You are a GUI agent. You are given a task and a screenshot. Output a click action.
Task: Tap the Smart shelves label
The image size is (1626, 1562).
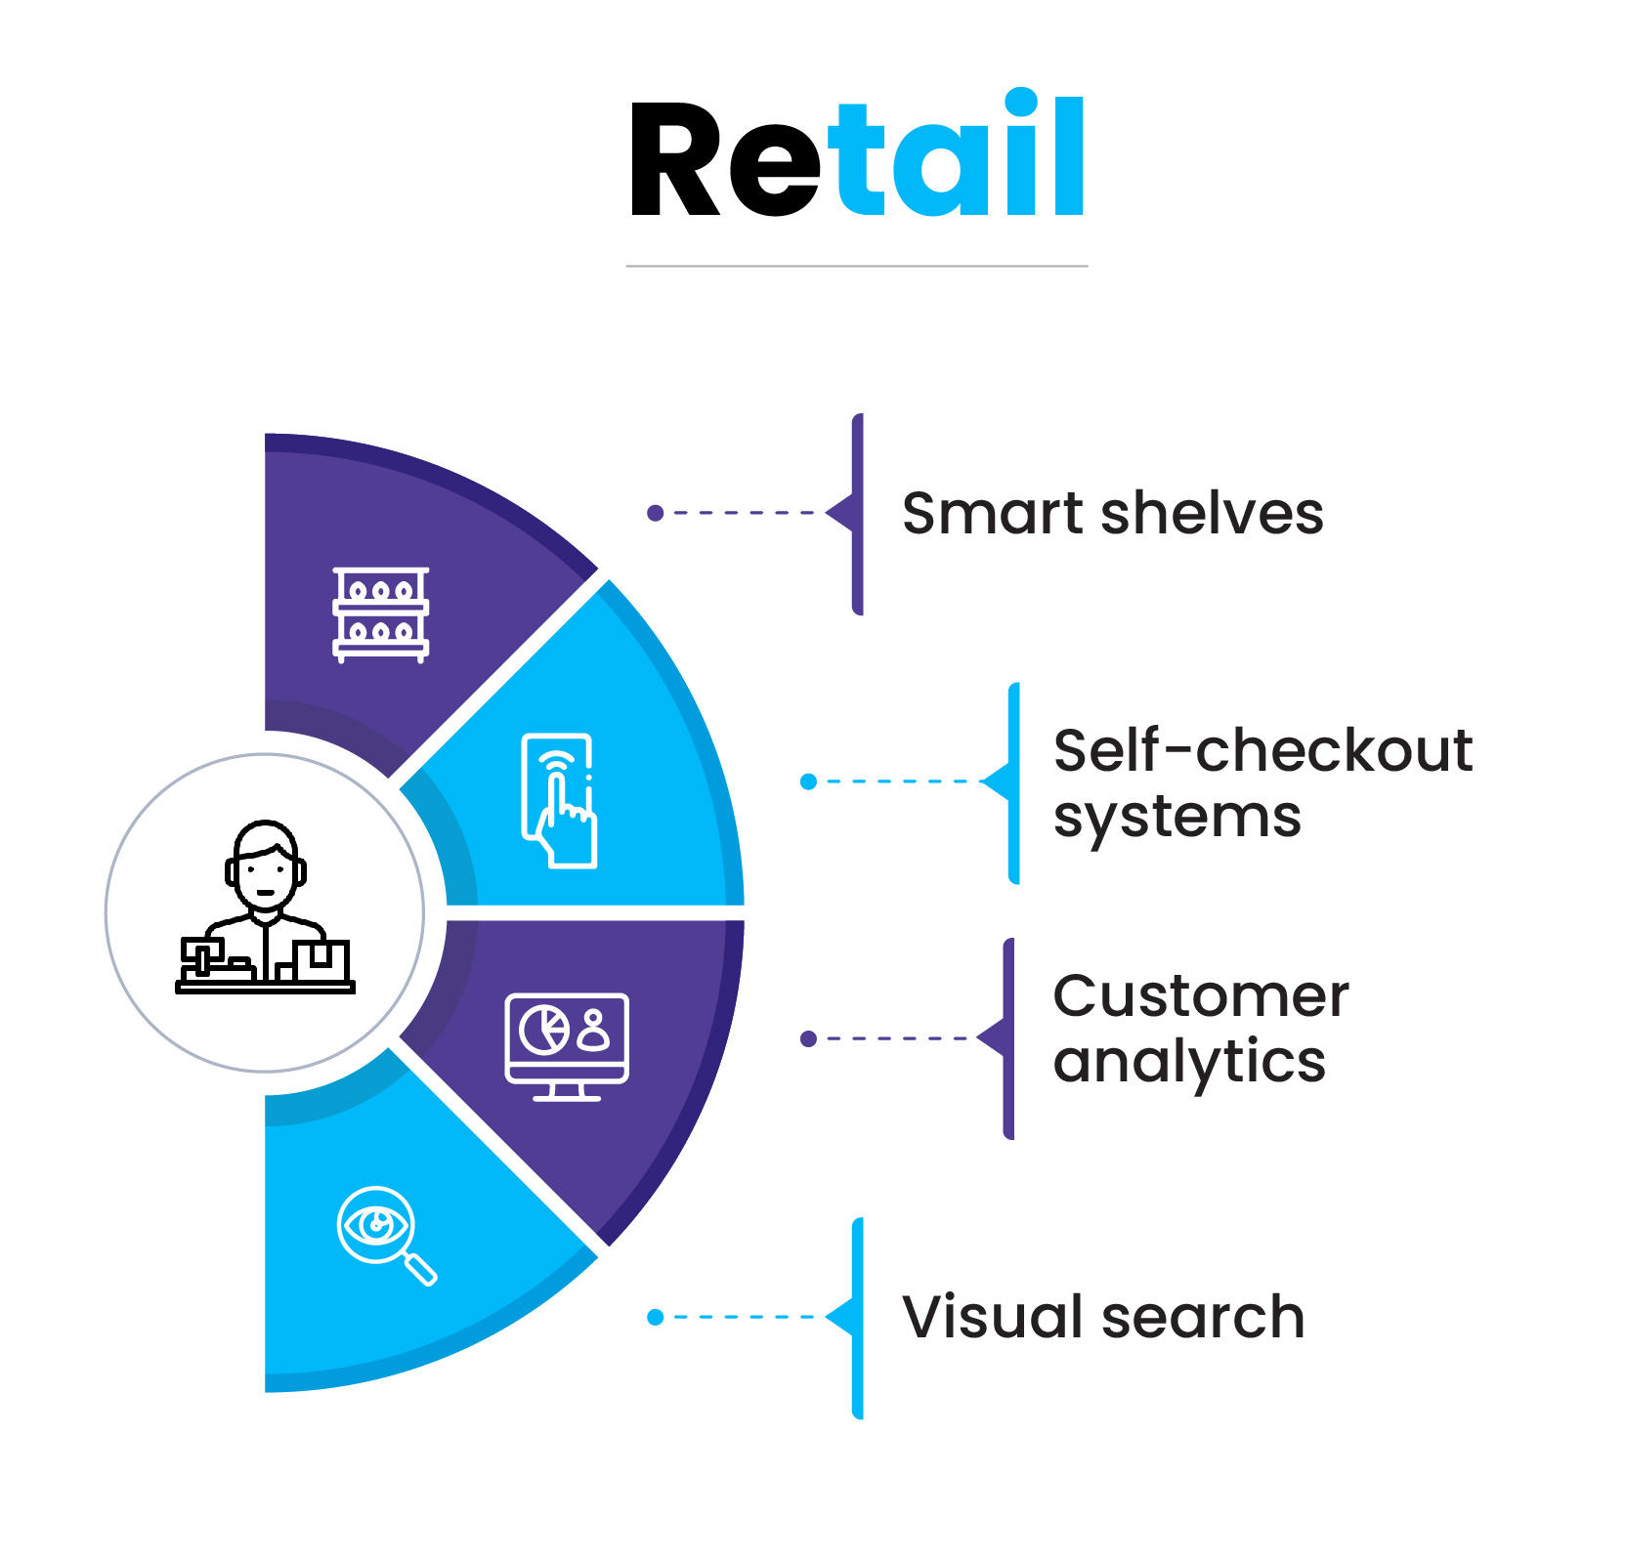1112,513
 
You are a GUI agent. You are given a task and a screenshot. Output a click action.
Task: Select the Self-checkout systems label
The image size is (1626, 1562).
1262,783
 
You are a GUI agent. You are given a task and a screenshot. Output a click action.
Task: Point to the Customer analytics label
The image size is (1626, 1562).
1201,1029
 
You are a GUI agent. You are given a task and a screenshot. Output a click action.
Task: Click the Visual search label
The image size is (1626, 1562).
1103,1317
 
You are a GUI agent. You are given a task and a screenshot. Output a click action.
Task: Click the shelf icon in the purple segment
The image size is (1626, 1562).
381,614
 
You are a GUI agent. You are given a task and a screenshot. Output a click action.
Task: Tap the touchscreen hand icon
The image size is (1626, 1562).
559,800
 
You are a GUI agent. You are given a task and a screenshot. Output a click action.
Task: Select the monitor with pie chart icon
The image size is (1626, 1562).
567,1047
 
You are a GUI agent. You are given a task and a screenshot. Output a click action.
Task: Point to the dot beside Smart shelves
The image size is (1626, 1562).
656,513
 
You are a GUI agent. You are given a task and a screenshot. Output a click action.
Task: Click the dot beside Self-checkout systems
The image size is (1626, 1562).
808,781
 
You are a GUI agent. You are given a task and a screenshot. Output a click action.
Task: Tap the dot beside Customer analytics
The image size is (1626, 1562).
808,1038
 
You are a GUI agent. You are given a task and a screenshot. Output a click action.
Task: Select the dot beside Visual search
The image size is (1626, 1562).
656,1317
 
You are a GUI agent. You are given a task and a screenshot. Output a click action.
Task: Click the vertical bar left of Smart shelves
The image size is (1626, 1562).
857,514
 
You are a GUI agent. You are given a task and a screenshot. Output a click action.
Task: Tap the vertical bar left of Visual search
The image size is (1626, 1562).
857,1318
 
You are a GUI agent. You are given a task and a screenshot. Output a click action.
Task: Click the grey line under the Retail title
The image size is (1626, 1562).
857,266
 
